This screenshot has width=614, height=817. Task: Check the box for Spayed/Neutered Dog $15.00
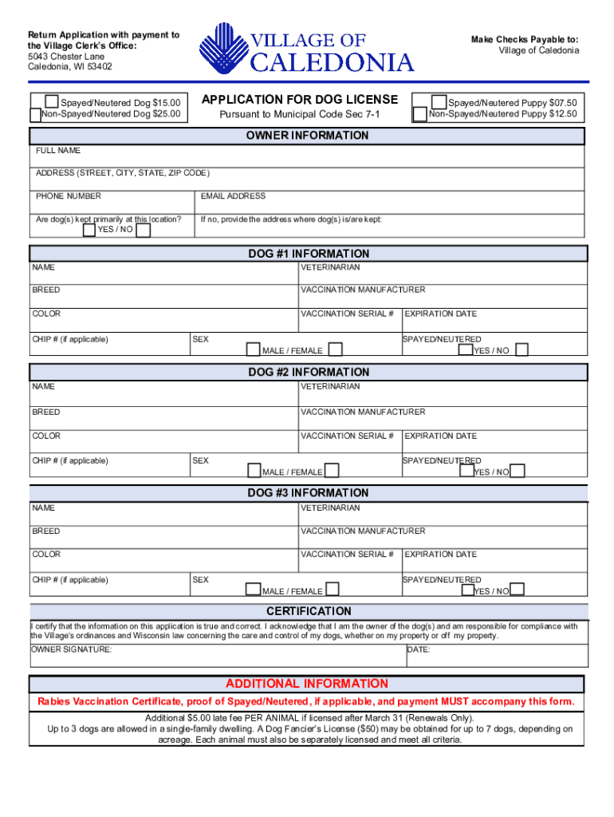(52, 102)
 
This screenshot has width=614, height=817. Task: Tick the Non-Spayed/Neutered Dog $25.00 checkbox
(34, 115)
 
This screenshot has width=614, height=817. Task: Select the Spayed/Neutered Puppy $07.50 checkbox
(439, 102)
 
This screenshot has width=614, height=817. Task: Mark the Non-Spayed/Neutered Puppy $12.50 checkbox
(419, 115)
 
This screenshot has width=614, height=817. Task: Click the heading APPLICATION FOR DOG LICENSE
(299, 100)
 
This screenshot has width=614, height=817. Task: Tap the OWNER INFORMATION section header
(307, 136)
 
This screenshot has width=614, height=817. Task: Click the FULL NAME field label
(58, 151)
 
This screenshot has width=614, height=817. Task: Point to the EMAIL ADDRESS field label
(233, 196)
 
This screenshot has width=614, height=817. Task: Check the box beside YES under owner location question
(89, 231)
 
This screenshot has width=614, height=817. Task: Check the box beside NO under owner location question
(144, 231)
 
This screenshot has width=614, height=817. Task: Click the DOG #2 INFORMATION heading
(309, 373)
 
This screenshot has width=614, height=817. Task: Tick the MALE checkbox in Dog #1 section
(253, 349)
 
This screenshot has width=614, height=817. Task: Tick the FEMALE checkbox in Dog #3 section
(333, 590)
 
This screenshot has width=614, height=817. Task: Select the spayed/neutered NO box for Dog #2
(518, 471)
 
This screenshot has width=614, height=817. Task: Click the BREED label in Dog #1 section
(46, 290)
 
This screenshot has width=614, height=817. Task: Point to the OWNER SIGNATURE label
(72, 650)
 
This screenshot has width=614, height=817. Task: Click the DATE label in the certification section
(419, 650)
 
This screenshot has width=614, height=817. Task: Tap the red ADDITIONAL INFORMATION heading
(307, 684)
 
